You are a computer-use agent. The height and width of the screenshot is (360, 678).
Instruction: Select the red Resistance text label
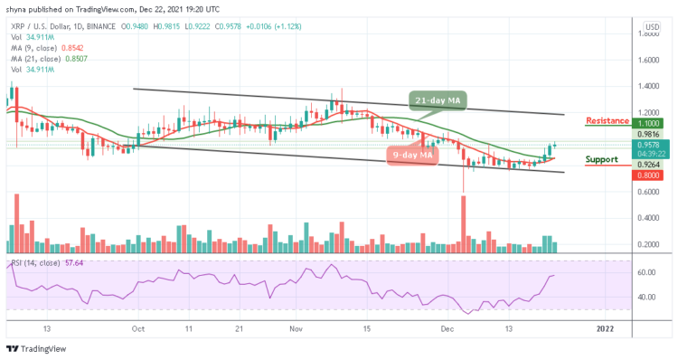[x=607, y=120]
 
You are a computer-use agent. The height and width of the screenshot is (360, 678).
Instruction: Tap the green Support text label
[x=602, y=159]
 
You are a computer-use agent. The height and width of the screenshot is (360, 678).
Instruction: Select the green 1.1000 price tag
[x=646, y=125]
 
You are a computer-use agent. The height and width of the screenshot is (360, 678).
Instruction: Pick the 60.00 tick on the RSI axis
[x=645, y=272]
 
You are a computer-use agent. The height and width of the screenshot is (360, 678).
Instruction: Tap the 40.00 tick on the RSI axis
[x=645, y=297]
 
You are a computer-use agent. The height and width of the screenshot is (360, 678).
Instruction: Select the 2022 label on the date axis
[x=603, y=331]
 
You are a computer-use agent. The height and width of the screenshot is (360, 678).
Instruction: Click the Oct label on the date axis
[x=136, y=331]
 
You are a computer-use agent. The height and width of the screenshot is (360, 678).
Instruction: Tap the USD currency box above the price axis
[x=647, y=25]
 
